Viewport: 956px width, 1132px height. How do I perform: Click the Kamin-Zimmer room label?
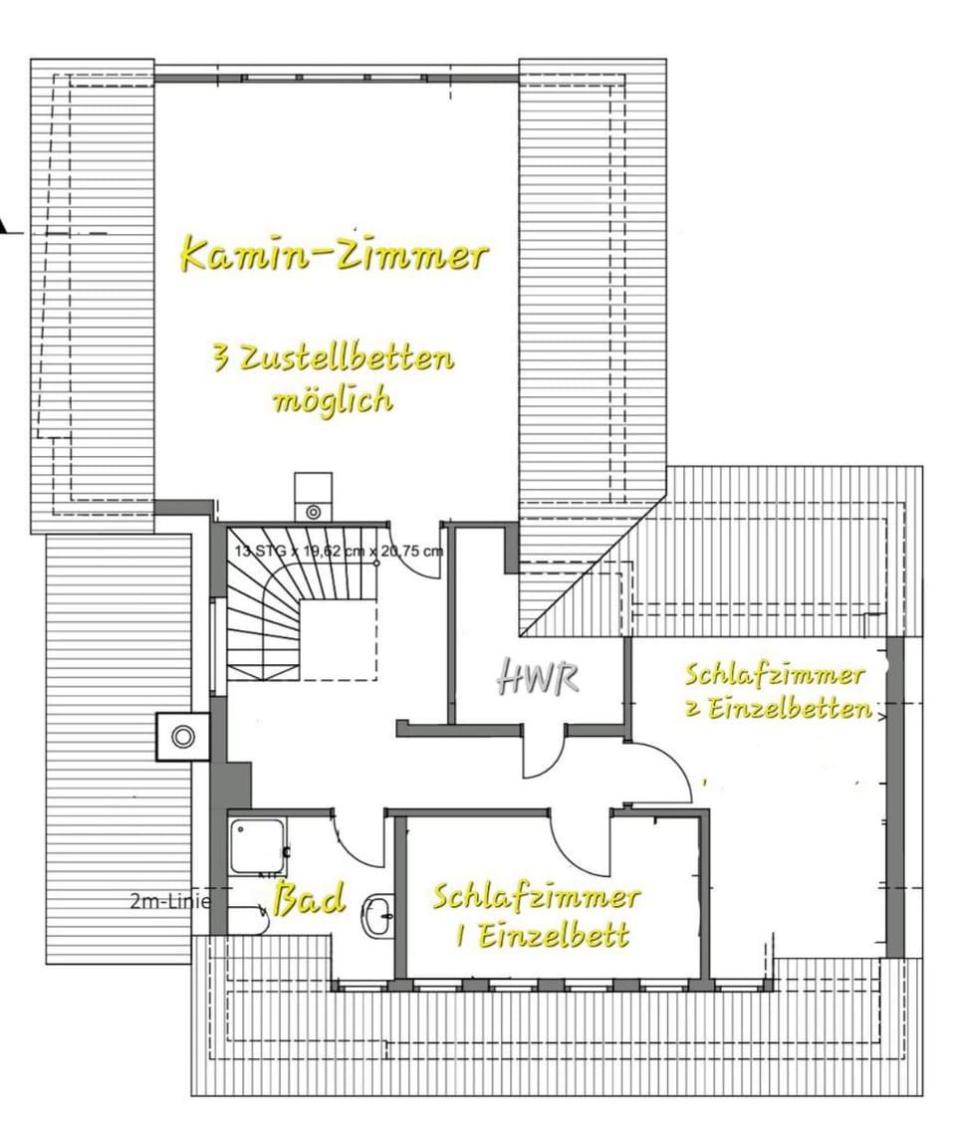pos(333,254)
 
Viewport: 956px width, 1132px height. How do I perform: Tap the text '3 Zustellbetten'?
pos(333,357)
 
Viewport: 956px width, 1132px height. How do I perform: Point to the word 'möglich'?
pos(333,400)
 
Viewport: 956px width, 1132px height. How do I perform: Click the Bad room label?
pos(309,898)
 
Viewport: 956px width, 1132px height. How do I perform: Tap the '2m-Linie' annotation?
pos(170,902)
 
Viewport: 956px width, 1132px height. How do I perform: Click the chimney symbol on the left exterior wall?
pos(182,737)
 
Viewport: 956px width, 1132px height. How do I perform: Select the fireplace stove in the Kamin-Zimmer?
pos(313,498)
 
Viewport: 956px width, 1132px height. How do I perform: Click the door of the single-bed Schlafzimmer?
pos(583,841)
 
